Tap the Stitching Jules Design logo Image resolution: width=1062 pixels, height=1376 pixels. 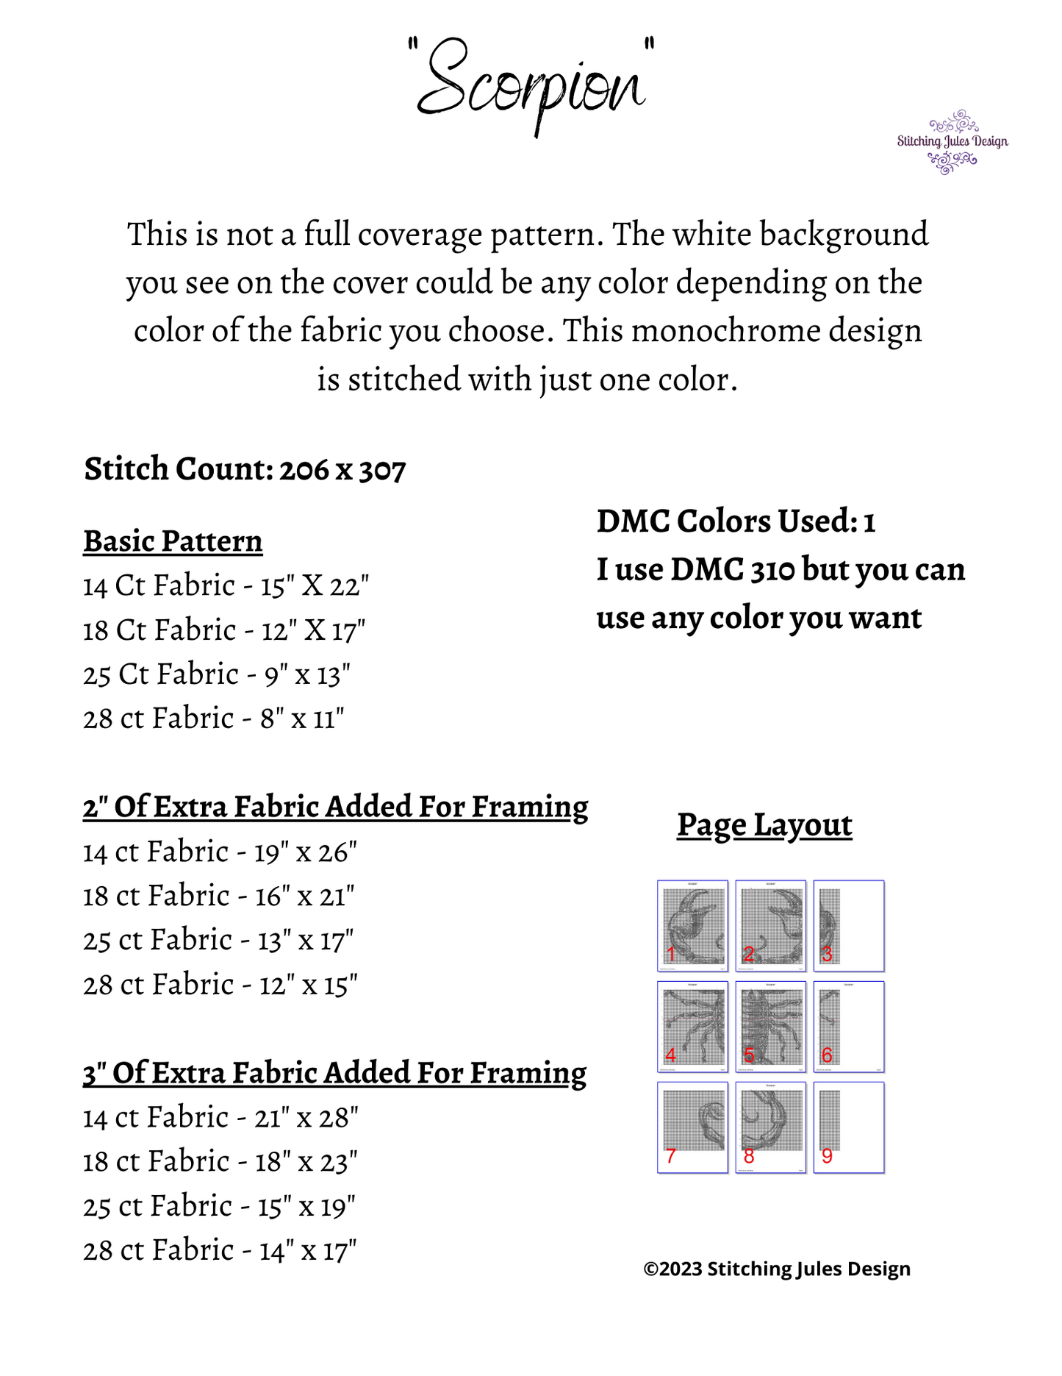click(x=952, y=142)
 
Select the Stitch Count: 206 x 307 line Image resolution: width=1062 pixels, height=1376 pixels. click(x=245, y=469)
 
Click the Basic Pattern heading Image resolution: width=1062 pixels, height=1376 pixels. click(x=173, y=541)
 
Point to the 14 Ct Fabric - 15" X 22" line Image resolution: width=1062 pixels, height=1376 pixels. click(x=226, y=586)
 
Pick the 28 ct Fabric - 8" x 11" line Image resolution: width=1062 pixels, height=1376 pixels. click(x=213, y=719)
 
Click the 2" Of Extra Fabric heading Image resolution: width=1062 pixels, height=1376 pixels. click(x=335, y=807)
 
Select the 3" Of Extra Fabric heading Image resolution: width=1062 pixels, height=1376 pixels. click(x=334, y=1073)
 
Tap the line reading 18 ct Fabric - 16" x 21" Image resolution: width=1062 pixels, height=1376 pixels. click(x=218, y=896)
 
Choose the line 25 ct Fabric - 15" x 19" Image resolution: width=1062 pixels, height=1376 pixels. click(x=219, y=1207)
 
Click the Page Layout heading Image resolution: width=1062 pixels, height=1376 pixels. click(x=764, y=825)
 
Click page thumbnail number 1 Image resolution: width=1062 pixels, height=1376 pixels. click(x=692, y=925)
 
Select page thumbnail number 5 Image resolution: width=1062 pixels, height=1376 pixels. click(x=770, y=1026)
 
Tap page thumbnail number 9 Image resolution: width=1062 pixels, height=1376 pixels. click(x=849, y=1127)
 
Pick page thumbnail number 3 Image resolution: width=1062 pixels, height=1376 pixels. click(x=849, y=925)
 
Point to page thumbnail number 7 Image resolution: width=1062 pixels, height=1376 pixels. click(x=692, y=1127)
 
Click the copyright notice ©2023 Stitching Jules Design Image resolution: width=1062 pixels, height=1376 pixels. click(x=777, y=1269)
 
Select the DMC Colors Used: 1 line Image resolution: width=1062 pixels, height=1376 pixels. click(x=736, y=521)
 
